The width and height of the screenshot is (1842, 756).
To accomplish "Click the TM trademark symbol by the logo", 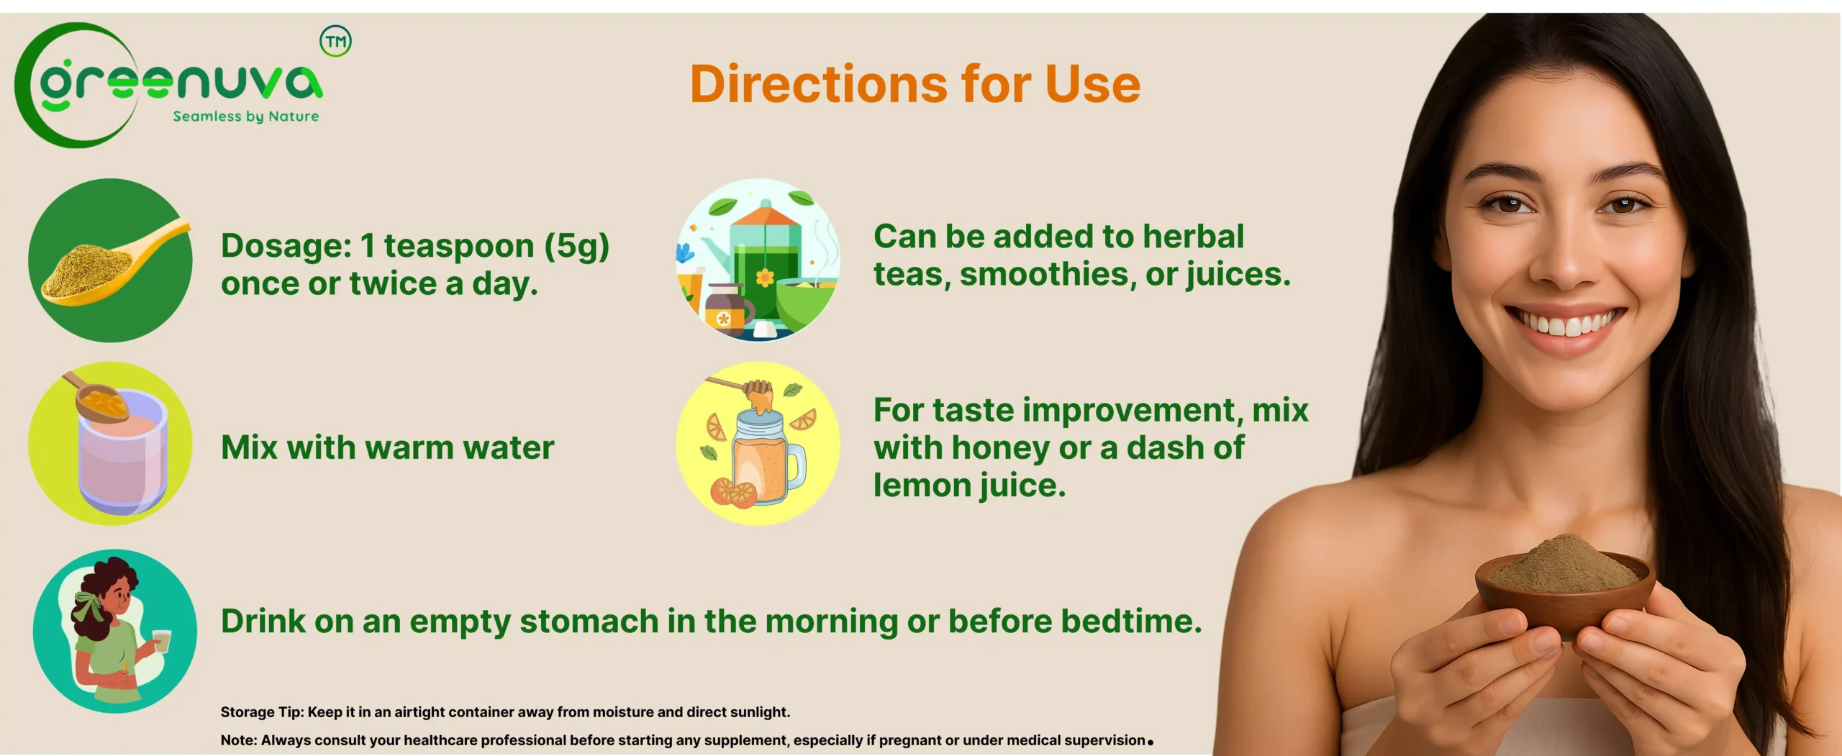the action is coord(336,41).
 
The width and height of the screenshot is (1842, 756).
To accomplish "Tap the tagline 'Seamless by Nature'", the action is coord(246,117).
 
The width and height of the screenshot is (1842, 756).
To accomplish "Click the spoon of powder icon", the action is coord(110,260).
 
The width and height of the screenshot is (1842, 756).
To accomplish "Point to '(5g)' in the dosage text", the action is coord(576,246).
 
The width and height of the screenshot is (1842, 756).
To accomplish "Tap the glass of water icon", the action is coord(110,443).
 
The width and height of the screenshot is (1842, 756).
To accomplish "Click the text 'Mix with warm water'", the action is coord(387,447).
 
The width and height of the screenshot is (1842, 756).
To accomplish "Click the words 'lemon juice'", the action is coord(969,486).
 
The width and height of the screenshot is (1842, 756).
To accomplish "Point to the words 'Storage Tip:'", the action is coord(262,712).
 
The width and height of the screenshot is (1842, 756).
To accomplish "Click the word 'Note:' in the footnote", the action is coord(239,740).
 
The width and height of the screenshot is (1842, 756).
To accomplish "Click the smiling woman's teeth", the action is coord(1566,324).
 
